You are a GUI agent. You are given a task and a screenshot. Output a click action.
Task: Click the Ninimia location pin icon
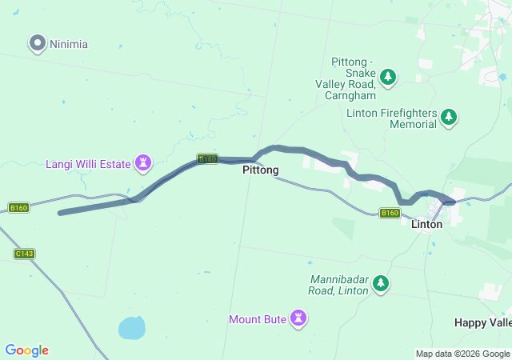pos(37,43)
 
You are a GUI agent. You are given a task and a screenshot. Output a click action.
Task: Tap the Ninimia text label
pos(69,44)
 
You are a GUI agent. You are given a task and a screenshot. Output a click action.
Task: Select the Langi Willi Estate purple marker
pos(144,163)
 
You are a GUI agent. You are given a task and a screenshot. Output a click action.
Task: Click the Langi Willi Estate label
pos(88,164)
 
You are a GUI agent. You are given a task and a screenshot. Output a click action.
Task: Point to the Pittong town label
pos(261,170)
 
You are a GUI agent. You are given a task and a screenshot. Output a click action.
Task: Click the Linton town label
pos(426,225)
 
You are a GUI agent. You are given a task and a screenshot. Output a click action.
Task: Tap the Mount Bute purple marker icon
pos(299,318)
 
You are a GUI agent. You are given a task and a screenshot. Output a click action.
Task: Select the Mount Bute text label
pos(258,319)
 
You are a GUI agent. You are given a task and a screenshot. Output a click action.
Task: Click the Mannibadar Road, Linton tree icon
pos(382,282)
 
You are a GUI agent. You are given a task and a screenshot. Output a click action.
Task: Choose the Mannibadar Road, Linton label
pos(339,285)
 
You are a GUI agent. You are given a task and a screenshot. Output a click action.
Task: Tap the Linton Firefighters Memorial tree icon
pos(449,118)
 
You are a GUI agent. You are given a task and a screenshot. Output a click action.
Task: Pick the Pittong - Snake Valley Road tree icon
pos(388,77)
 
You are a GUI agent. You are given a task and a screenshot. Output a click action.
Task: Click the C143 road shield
pos(25,254)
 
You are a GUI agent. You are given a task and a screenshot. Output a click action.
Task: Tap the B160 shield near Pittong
pos(207,159)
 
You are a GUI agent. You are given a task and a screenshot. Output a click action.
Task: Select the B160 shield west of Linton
pos(390,213)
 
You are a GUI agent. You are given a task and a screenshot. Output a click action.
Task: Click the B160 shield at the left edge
pos(18,208)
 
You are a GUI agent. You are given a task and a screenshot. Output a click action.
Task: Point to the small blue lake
pos(132,327)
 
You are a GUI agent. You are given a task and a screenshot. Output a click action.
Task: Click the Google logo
pos(27,350)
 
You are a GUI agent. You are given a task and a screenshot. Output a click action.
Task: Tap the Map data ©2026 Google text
pos(462,354)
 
